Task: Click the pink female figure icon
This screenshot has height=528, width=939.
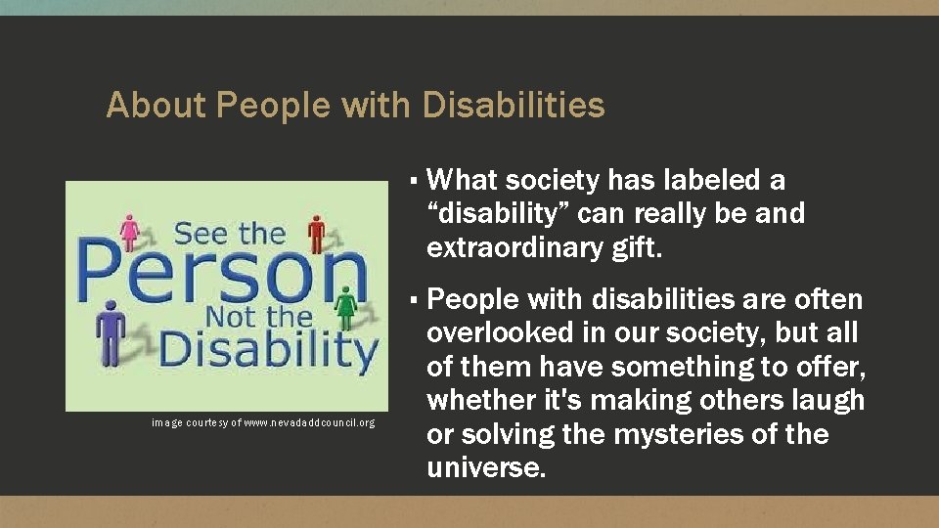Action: click(129, 232)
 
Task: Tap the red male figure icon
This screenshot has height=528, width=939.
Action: click(316, 233)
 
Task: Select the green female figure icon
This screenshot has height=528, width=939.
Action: click(345, 308)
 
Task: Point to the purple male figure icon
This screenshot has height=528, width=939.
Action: click(111, 332)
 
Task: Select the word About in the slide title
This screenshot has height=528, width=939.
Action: click(156, 105)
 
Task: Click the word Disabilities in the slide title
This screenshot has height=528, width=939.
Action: click(514, 105)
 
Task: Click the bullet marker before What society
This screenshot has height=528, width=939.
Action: click(415, 182)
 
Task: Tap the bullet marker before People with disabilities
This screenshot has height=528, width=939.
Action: click(415, 300)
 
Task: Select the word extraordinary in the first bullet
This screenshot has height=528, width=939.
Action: click(513, 248)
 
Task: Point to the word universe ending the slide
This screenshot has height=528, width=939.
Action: click(485, 467)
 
